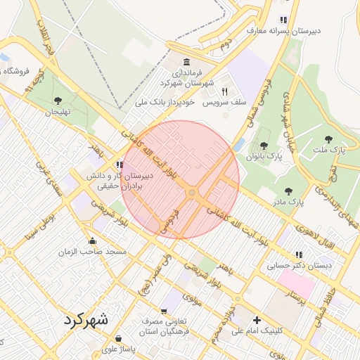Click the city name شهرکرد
tap(86, 319)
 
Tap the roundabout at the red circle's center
tap(191, 193)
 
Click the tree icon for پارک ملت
tap(328, 139)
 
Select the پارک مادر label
tap(304, 202)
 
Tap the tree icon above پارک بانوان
tap(264, 146)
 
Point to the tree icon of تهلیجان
tap(58, 101)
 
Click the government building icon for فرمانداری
tap(186, 62)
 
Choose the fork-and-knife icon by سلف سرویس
tap(225, 91)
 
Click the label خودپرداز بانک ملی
tap(166, 103)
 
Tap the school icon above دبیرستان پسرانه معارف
tap(283, 20)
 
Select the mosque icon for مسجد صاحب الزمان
tap(92, 240)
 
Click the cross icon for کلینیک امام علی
tap(257, 320)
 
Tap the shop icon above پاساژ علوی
tap(118, 337)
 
